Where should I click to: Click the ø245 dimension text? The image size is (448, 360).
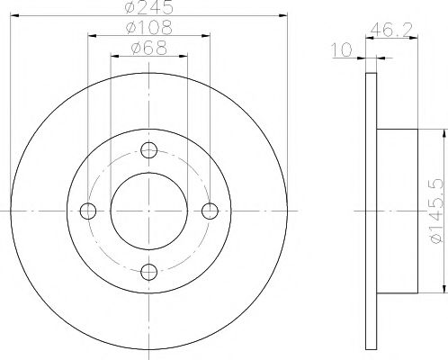tap(148, 9)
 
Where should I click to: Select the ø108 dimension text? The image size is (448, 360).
tap(148, 29)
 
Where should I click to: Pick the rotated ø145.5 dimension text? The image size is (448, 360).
tap(435, 209)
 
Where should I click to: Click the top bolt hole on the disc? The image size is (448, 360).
tap(149, 149)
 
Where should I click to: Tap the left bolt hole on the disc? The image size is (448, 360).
tap(88, 211)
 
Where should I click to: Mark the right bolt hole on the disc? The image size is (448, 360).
tap(211, 211)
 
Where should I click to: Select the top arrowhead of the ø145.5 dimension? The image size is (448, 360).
tap(443, 132)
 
